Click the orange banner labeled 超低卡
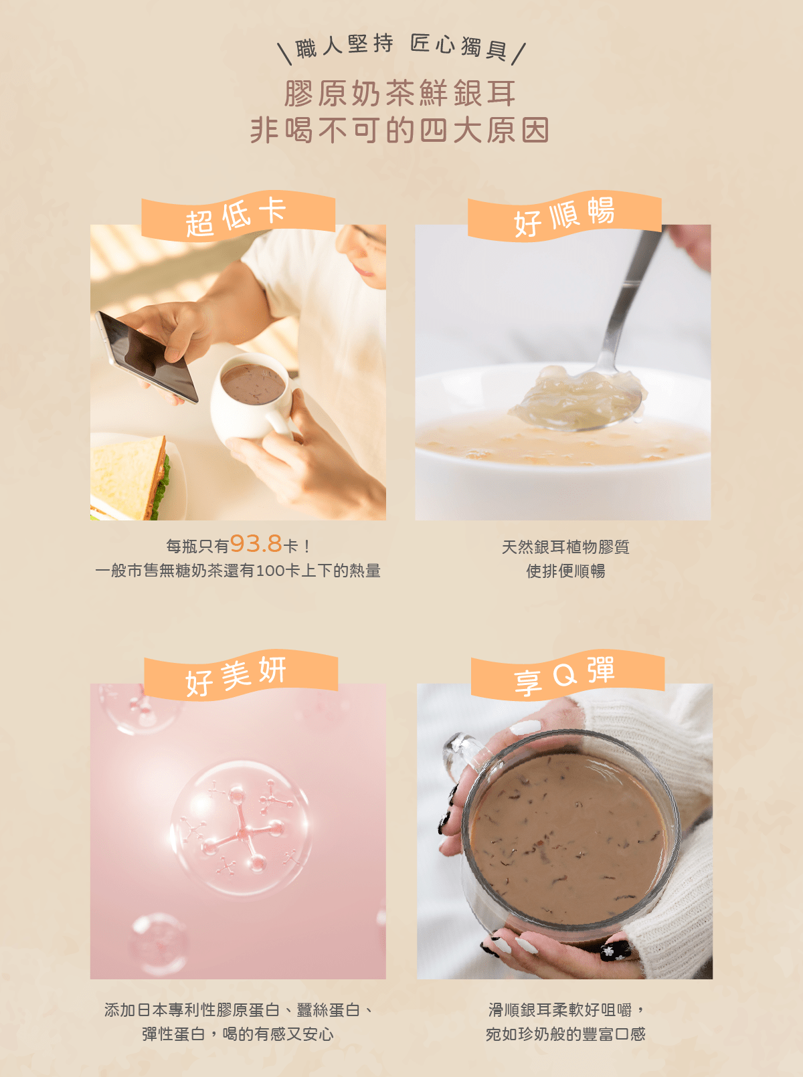pos(238,215)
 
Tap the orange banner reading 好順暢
pos(565,215)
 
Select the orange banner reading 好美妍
pos(241,675)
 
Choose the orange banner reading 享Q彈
pos(567,675)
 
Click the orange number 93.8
pos(256,544)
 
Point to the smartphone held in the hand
pos(147,357)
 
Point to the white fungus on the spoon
pos(577,397)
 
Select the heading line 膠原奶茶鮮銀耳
pos(400,93)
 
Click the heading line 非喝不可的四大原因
pos(400,130)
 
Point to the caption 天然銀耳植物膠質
pos(565,547)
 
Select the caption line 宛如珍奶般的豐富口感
pos(565,1034)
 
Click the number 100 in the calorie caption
pos(270,571)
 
